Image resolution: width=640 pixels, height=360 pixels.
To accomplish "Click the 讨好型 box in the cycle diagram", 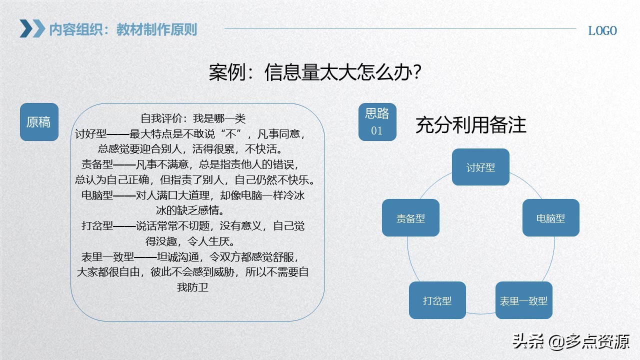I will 480,167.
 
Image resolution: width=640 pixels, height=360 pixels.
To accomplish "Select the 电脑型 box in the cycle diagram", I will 550,218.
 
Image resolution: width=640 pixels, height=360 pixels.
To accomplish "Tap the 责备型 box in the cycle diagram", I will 410,218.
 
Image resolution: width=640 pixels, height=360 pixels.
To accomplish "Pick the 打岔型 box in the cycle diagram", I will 437,300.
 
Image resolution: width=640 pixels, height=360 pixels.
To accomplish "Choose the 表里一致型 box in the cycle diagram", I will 523,300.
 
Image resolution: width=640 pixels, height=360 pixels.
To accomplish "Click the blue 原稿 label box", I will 39,122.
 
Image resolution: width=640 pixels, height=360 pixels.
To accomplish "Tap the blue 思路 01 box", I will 377,122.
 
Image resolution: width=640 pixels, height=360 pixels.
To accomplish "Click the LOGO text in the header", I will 602,31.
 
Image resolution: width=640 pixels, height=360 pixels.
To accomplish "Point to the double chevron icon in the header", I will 32,28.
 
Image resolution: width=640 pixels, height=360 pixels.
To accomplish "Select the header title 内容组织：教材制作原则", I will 123,29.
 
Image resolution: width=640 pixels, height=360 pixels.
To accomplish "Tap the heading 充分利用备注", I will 470,125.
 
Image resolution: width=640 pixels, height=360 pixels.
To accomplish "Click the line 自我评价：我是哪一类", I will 193,118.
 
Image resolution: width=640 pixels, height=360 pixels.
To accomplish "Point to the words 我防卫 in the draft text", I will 192,287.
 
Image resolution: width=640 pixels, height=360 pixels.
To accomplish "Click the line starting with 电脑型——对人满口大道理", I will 193,195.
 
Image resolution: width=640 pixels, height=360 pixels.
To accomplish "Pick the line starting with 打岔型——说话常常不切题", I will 193,226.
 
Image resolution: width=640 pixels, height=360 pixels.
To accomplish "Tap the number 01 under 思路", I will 376,131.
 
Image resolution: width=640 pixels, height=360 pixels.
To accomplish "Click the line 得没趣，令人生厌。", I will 190,241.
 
